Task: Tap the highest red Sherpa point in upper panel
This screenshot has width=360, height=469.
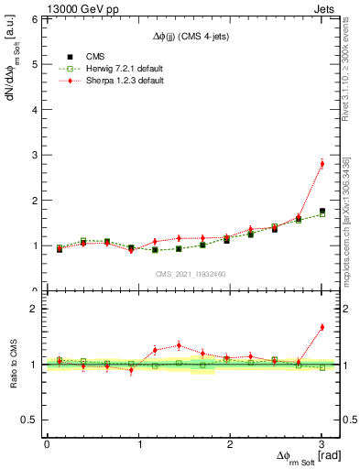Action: [x=322, y=164]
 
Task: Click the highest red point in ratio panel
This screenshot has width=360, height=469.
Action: [x=322, y=327]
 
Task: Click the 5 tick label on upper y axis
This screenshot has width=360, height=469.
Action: [x=34, y=64]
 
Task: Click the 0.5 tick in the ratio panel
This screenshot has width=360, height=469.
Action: [x=29, y=420]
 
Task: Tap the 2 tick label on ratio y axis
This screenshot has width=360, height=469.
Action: [x=34, y=309]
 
